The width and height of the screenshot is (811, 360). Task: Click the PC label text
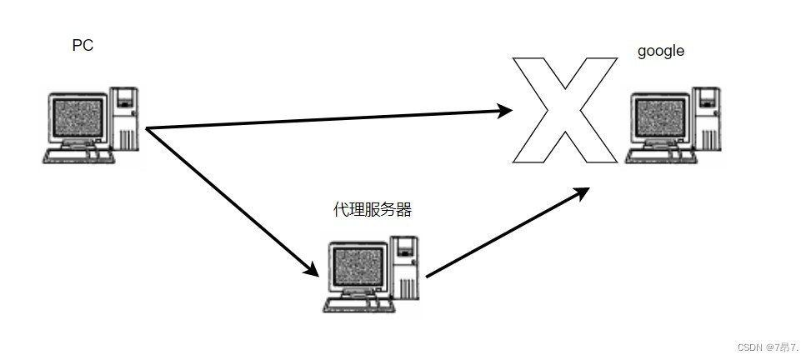coord(83,46)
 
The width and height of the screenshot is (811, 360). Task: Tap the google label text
coord(661,51)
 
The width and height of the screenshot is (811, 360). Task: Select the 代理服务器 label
coord(373,209)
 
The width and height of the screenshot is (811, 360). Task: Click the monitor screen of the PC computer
coord(78,118)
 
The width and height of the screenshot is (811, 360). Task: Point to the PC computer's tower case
coord(126,117)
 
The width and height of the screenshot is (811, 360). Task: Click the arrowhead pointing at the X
coord(504,110)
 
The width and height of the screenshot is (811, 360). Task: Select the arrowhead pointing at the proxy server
coord(311,269)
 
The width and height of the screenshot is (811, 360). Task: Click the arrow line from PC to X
coord(325,119)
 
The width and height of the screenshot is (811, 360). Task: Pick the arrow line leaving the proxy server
coord(500,236)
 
